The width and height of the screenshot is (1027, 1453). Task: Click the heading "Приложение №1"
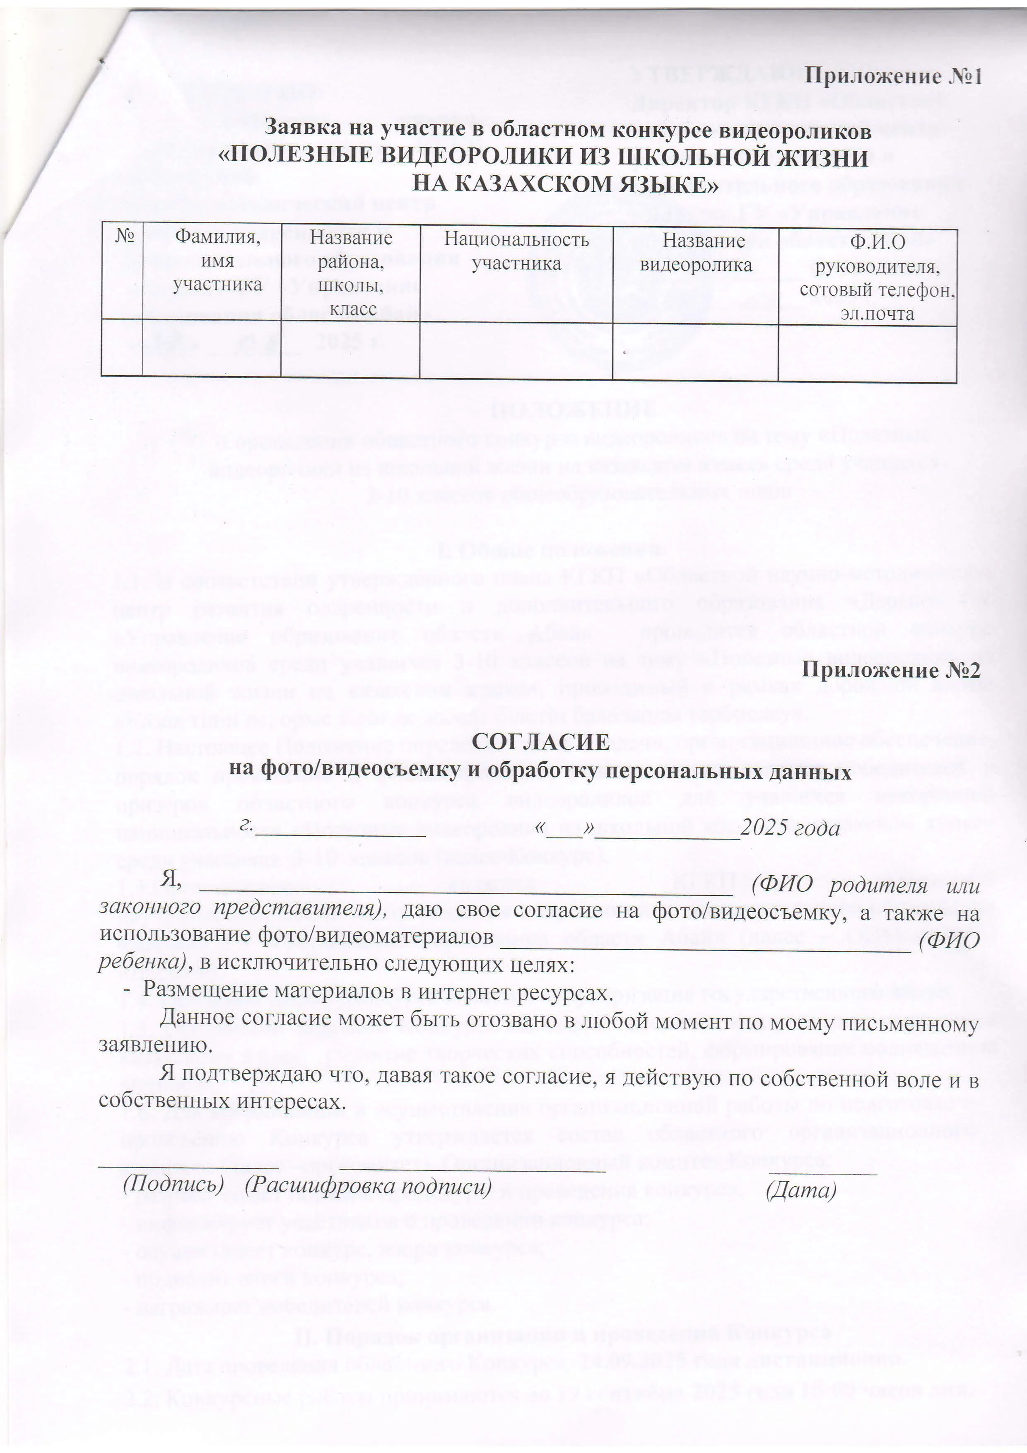[x=893, y=77]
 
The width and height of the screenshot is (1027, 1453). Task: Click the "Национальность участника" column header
[x=516, y=251]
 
